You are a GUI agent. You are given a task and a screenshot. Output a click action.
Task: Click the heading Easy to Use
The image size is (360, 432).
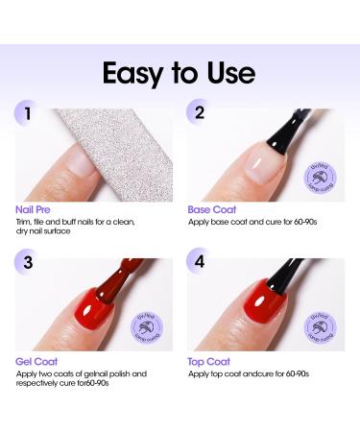point(180,75)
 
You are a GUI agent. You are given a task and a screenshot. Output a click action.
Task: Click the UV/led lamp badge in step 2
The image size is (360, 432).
point(322,177)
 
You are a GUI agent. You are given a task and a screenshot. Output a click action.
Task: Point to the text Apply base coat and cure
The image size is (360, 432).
point(252,222)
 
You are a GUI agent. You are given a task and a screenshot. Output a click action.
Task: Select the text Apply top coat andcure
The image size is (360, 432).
point(252,373)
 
